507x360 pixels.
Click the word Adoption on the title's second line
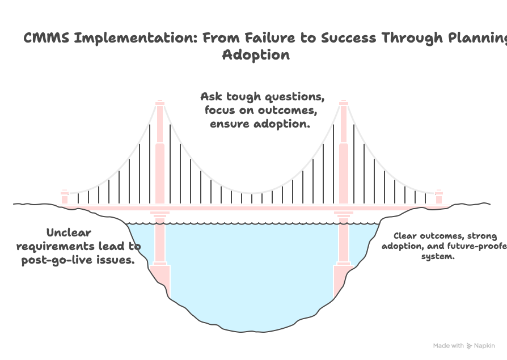pos(256,55)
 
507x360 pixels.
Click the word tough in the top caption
pos(249,96)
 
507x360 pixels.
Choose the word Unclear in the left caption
pos(69,232)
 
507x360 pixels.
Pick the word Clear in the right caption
pos(406,236)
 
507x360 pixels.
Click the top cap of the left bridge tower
pos(160,103)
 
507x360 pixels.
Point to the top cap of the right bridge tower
pos(343,103)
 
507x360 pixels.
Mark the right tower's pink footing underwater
pos(344,278)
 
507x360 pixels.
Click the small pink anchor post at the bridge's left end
pos(65,197)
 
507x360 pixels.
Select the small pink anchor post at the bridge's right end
pos(438,197)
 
